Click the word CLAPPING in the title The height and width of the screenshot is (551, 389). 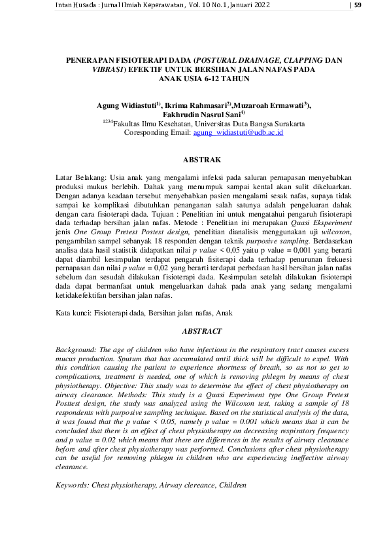tap(288, 60)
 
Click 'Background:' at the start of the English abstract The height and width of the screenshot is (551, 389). tap(76, 350)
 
